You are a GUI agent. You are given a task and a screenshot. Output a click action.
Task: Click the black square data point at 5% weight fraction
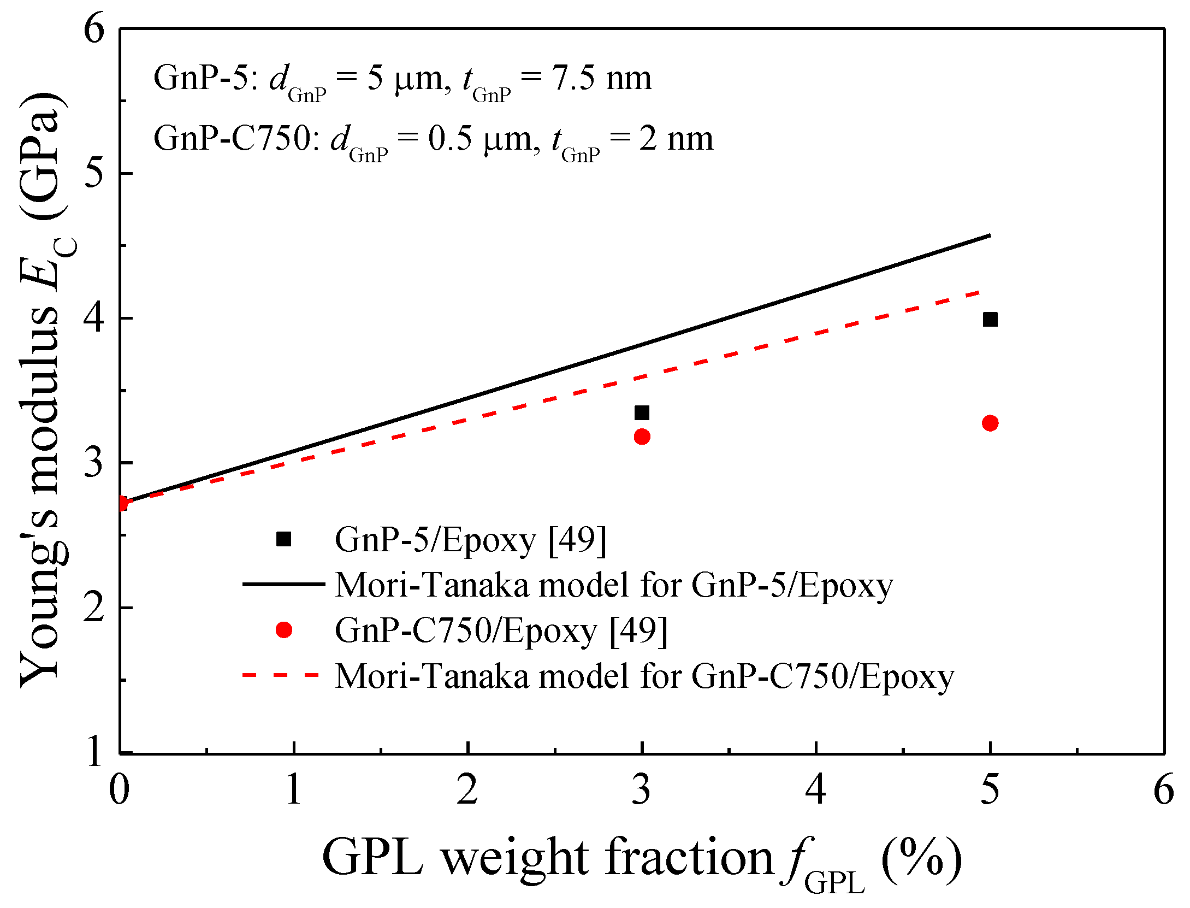click(990, 320)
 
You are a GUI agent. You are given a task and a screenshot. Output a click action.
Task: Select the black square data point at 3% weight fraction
click(642, 413)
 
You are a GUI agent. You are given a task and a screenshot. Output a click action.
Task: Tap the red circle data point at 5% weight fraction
click(990, 423)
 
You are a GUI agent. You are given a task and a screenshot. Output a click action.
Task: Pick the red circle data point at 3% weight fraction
click(642, 437)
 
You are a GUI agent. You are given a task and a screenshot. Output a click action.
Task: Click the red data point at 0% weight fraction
click(122, 503)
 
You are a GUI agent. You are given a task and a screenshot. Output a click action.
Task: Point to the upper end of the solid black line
click(989, 236)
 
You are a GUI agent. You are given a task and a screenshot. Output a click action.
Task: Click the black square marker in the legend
click(284, 539)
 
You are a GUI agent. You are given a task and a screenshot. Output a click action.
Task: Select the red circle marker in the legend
click(284, 630)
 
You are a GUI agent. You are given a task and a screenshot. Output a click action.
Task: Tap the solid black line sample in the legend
click(284, 584)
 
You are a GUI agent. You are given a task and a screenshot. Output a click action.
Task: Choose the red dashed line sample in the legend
click(281, 675)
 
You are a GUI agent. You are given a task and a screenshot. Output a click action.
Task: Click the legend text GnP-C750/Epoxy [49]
click(501, 630)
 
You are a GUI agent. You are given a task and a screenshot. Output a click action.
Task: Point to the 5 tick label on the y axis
click(95, 174)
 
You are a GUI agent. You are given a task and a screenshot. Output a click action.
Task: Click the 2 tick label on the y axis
click(95, 608)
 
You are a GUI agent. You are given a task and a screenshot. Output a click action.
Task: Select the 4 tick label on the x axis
click(815, 789)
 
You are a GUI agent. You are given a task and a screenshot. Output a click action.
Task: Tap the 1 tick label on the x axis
click(294, 789)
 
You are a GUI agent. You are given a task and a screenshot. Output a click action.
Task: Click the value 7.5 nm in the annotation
click(601, 78)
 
